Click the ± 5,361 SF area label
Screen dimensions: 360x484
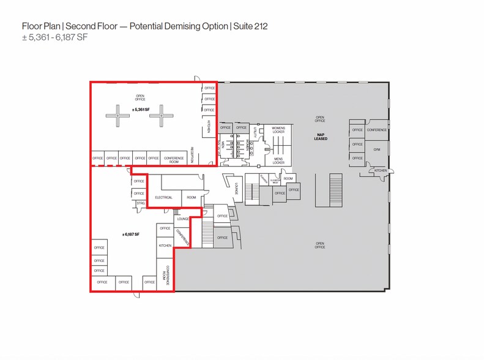pyautogui.click(x=141, y=110)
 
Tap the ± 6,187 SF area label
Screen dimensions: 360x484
pyautogui.click(x=131, y=234)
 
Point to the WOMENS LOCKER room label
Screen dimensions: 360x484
pyautogui.click(x=278, y=129)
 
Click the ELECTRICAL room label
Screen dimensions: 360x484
pyautogui.click(x=163, y=198)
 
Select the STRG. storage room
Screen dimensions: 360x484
pyautogui.click(x=140, y=203)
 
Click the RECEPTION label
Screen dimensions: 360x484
pyautogui.click(x=192, y=155)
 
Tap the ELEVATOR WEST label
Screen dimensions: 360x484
pyautogui.click(x=275, y=181)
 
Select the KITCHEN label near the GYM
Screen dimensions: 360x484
pyautogui.click(x=381, y=170)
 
